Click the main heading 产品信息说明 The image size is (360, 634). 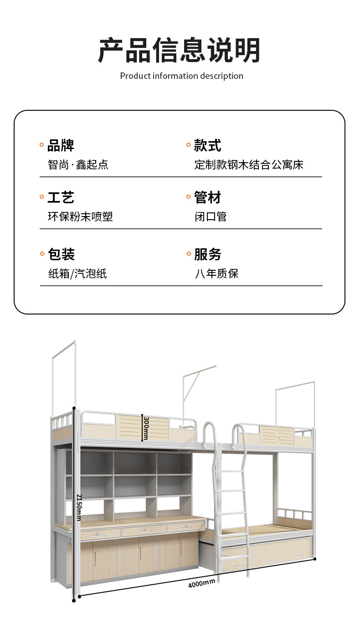click(180, 50)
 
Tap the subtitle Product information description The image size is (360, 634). click(181, 76)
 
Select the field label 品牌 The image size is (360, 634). click(61, 146)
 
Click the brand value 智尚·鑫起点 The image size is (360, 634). click(78, 165)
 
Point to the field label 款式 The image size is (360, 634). click(207, 146)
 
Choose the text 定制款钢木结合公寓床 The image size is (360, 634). click(249, 165)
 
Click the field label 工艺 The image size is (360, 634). click(61, 198)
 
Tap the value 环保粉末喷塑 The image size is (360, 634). click(80, 216)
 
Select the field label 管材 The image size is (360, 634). click(207, 198)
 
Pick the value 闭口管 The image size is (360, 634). click(211, 216)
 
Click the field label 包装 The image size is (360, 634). click(61, 254)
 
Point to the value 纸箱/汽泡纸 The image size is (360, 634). click(77, 273)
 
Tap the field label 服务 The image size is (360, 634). click(207, 254)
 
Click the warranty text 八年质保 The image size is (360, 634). click(216, 273)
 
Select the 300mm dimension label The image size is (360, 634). click(145, 428)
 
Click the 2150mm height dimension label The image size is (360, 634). click(78, 507)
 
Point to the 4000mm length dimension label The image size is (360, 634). click(201, 583)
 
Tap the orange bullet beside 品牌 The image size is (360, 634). click(42, 145)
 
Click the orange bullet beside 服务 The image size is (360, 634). click(189, 254)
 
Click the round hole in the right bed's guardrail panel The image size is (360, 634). click(278, 438)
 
